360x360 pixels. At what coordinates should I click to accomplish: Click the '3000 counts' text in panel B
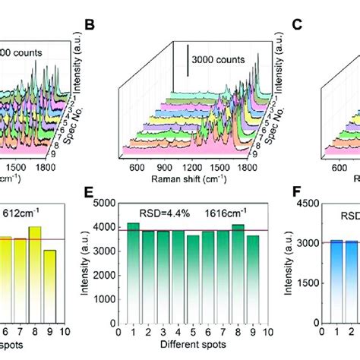220,59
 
